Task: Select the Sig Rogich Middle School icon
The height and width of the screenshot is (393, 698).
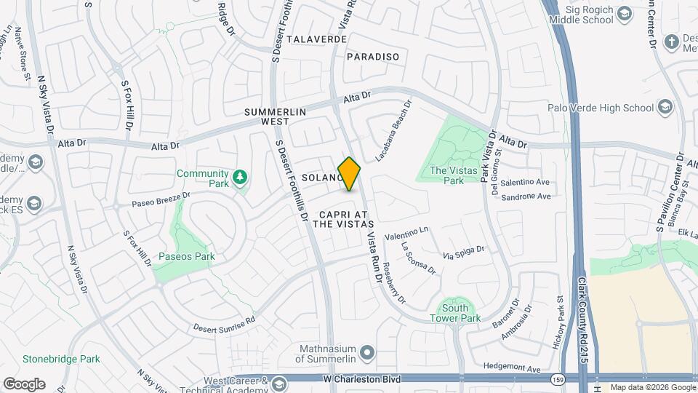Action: tap(625, 15)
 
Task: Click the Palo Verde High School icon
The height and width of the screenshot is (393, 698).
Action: tap(664, 108)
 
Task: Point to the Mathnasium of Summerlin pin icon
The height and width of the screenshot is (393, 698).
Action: tap(366, 352)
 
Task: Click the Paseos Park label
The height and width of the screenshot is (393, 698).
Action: tap(187, 256)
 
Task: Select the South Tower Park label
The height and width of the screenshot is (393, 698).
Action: tap(455, 313)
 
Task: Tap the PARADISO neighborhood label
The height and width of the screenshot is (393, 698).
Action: tap(373, 56)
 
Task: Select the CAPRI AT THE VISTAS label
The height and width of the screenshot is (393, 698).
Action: tap(342, 219)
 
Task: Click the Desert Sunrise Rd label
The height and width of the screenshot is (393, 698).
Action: tap(225, 323)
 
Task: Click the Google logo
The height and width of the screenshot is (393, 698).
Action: tap(24, 384)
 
